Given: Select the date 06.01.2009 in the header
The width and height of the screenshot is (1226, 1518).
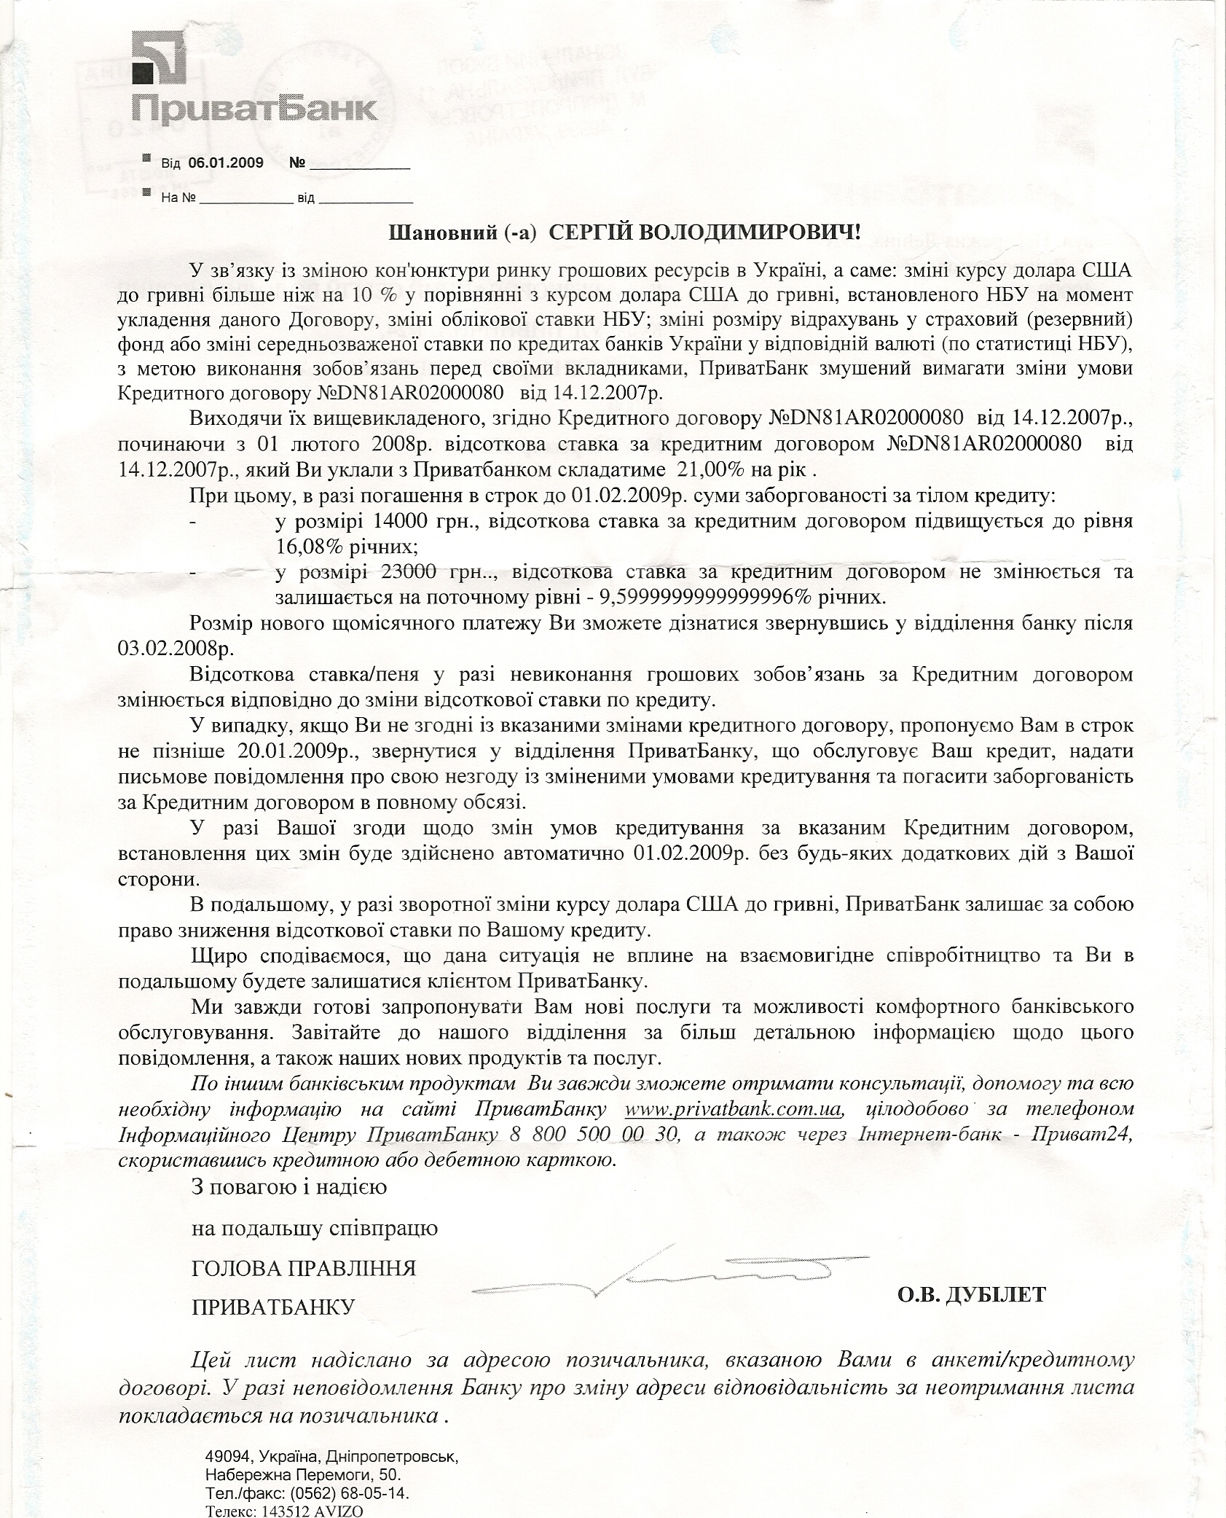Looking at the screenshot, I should [226, 163].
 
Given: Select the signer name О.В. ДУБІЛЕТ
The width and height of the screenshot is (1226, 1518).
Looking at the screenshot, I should [971, 1294].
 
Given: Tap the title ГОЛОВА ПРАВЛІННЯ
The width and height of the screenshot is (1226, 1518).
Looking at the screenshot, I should [303, 1268].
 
